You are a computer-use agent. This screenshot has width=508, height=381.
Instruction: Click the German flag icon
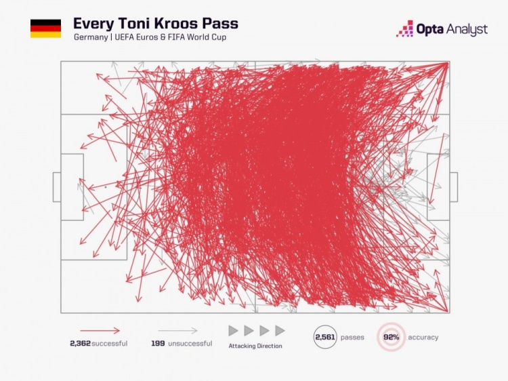45,28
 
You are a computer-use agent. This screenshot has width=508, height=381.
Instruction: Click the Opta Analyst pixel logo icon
404,28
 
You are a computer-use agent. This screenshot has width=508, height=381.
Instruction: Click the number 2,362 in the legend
79,344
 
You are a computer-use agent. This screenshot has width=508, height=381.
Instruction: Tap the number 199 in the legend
158,344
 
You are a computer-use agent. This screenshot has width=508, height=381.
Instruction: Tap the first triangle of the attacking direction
233,331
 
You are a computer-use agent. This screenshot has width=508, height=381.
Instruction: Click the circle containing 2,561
325,337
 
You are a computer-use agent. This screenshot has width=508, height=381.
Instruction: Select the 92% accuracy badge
391,337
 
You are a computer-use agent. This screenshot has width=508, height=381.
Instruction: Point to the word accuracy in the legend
423,338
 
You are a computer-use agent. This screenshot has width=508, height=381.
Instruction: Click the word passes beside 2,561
352,338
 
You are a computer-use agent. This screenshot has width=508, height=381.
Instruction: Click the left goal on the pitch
57,187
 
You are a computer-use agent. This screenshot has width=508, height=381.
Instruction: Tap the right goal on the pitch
453,187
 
